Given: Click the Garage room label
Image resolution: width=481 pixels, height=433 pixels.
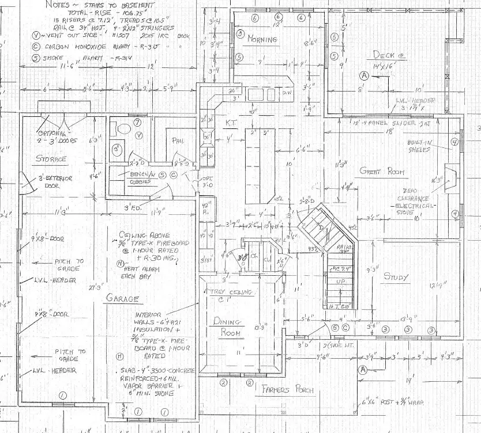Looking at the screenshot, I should click(122, 298).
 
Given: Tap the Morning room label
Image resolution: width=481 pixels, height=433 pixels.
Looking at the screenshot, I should click(262, 39).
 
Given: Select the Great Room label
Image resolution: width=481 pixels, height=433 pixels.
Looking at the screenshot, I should click(381, 171).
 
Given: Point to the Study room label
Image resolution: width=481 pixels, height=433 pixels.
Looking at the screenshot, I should click(396, 277).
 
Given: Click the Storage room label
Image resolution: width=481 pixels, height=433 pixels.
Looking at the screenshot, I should click(51, 158).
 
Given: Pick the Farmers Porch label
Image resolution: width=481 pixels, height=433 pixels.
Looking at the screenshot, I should click(288, 390).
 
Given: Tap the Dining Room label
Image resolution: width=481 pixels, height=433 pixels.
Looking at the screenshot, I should click(223, 326).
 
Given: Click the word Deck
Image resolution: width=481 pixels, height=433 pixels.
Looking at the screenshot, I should click(383, 55).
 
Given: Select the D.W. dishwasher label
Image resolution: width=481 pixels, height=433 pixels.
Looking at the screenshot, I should click(287, 92).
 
